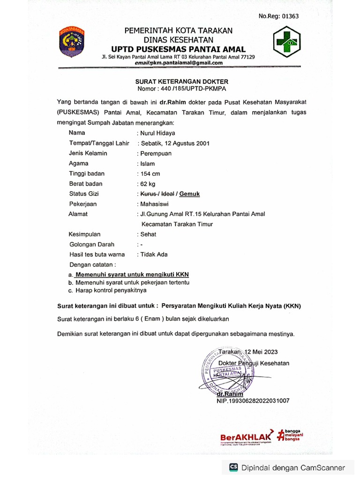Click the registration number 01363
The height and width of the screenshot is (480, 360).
[x=289, y=16]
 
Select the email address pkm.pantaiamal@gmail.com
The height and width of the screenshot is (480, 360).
[x=185, y=63]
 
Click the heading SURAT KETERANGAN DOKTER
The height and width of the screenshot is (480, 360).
[x=182, y=82]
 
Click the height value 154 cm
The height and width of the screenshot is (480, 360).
[x=150, y=174]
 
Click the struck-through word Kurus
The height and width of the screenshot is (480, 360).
[x=148, y=194]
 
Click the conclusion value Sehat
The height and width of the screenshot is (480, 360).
[x=149, y=234]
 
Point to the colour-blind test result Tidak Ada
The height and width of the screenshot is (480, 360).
[x=153, y=255]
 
